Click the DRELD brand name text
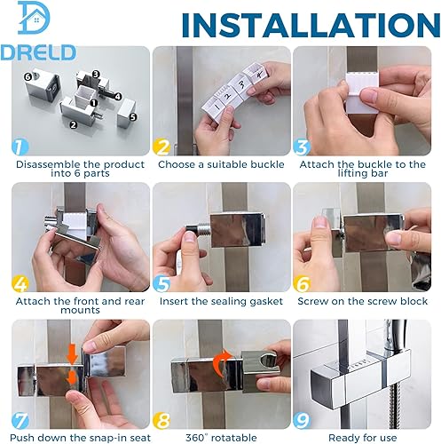coord(38,52)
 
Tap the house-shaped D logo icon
coord(34,18)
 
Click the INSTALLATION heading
coord(311,25)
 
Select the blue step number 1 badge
coord(20,147)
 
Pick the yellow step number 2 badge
coord(161,147)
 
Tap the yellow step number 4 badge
coord(20,283)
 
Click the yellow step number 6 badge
coord(302,283)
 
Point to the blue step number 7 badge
coord(20,420)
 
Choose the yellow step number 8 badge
coord(161,420)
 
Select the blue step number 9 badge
coord(302,420)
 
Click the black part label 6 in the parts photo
coord(28,77)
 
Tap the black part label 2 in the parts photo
coord(73,124)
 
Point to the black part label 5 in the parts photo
coord(133,117)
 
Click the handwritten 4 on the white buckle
coord(259,75)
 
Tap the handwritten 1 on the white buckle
coord(217,105)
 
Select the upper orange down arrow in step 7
coord(72,354)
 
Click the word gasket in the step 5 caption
coord(266,302)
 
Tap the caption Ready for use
coord(362,438)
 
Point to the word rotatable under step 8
coord(234,438)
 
